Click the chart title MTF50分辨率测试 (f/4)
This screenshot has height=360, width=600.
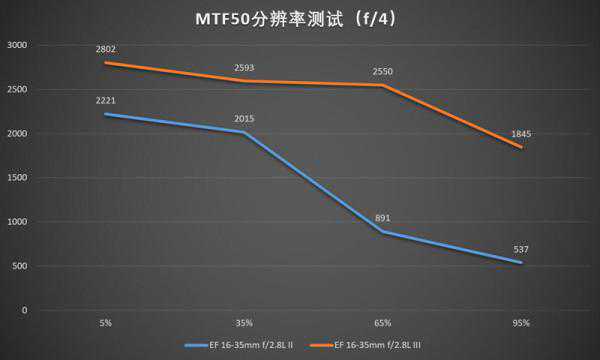click(296, 19)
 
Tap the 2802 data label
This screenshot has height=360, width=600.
click(106, 49)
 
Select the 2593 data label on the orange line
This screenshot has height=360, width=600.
click(244, 68)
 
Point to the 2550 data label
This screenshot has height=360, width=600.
click(383, 72)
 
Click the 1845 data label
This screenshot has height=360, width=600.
click(521, 134)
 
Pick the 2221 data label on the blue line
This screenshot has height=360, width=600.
click(106, 101)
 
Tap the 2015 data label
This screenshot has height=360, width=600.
click(244, 119)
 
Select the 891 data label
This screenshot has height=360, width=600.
click(383, 218)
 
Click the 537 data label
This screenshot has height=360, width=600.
click(521, 250)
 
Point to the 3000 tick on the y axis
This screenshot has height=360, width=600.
click(17, 45)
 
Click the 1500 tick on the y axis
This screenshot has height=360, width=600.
click(17, 178)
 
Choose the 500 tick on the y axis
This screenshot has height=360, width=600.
click(20, 266)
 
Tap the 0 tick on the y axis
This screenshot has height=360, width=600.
click(24, 310)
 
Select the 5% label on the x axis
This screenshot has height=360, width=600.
click(106, 323)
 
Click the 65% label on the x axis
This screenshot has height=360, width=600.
click(383, 323)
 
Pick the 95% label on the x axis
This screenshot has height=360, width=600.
click(521, 323)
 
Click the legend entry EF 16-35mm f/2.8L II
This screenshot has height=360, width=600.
click(239, 345)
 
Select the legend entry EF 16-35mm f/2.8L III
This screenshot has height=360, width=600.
click(366, 345)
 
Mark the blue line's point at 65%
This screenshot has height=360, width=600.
click(383, 231)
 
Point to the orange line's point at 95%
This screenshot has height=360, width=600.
click(521, 147)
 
